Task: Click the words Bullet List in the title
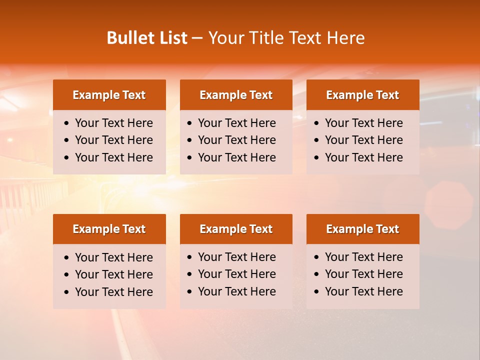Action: (147, 38)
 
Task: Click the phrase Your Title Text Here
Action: (286, 38)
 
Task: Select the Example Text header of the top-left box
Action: (109, 95)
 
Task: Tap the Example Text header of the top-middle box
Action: (236, 95)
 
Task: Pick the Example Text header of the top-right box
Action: (362, 95)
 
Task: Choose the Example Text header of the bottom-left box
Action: (109, 229)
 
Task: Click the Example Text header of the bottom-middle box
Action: (236, 229)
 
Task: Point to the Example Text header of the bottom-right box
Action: (362, 229)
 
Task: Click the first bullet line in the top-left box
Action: (114, 123)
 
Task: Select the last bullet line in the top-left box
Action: (114, 157)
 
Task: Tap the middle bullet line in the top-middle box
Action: (237, 140)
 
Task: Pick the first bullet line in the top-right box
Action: (364, 123)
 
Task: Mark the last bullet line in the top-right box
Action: (364, 157)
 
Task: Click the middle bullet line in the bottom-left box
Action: (114, 274)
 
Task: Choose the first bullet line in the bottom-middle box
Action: (237, 257)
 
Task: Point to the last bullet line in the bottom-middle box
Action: (237, 291)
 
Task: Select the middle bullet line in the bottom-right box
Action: (364, 274)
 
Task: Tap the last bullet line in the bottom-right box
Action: (364, 291)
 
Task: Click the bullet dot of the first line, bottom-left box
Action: (67, 258)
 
